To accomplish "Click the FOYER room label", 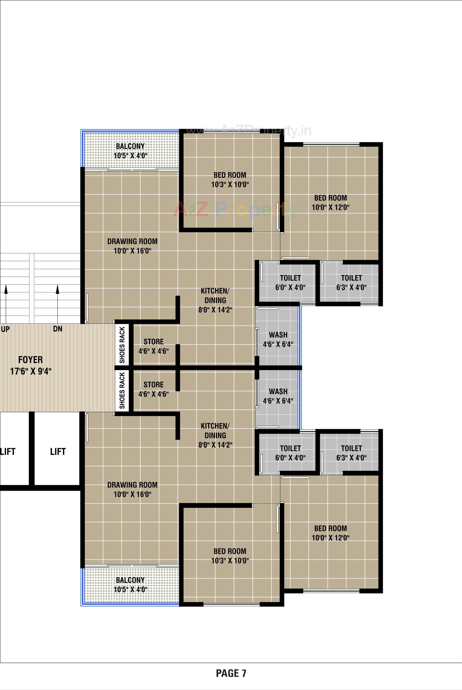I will pyautogui.click(x=30, y=360).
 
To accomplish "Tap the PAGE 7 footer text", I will pyautogui.click(x=231, y=673).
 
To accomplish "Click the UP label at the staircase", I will pyautogui.click(x=5, y=329).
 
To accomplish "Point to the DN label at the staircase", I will pyautogui.click(x=57, y=329).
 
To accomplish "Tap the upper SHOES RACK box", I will pyautogui.click(x=122, y=345).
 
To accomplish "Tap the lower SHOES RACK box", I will pyautogui.click(x=122, y=390).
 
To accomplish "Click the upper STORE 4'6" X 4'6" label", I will pyautogui.click(x=153, y=346).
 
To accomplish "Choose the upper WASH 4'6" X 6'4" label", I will pyautogui.click(x=278, y=339).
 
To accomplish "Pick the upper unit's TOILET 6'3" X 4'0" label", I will pyautogui.click(x=351, y=283).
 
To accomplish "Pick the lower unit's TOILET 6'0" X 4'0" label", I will pyautogui.click(x=290, y=453).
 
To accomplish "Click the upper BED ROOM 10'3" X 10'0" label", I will pyautogui.click(x=230, y=180).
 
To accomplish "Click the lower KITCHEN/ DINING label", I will pyautogui.click(x=215, y=435).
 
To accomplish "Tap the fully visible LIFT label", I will pyautogui.click(x=58, y=452).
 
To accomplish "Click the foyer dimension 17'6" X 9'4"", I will pyautogui.click(x=31, y=371).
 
